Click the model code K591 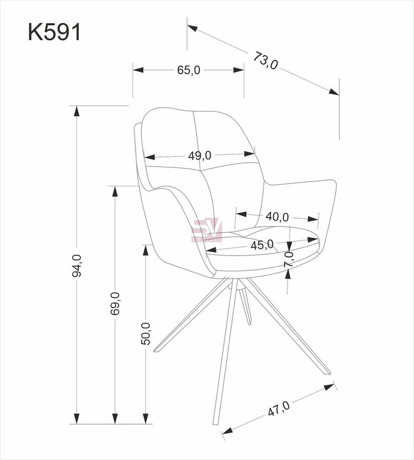click(54, 32)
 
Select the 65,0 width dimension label click(189, 70)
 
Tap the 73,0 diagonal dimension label click(266, 60)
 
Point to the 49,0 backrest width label click(200, 155)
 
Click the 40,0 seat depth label click(277, 217)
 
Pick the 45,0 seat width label click(262, 244)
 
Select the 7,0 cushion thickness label click(289, 259)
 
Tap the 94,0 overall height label click(77, 265)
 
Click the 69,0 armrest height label click(115, 304)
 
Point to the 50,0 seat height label click(145, 334)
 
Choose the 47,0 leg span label click(278, 408)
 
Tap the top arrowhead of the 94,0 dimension click(77, 111)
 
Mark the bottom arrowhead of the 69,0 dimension click(115, 418)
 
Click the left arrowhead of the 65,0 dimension click(138, 70)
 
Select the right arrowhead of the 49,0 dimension click(249, 154)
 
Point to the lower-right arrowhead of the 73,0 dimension click(334, 92)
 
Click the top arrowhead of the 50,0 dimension click(145, 251)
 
